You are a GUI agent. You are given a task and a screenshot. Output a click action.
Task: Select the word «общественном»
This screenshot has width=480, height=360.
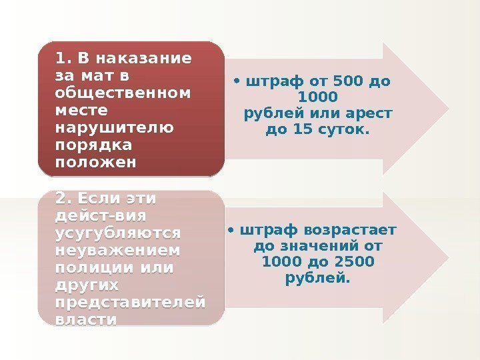123,91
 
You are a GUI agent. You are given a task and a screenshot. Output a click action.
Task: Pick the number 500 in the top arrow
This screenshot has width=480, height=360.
345,83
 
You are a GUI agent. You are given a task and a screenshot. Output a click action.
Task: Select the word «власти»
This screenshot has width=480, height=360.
87,320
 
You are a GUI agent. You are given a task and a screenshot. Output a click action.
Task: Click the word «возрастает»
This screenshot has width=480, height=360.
349,231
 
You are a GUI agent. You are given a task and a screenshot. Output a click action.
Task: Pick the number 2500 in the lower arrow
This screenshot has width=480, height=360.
353,262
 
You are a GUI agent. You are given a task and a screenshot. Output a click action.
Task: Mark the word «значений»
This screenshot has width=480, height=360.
321,247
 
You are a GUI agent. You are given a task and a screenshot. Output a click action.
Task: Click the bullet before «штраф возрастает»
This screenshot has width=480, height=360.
230,231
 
